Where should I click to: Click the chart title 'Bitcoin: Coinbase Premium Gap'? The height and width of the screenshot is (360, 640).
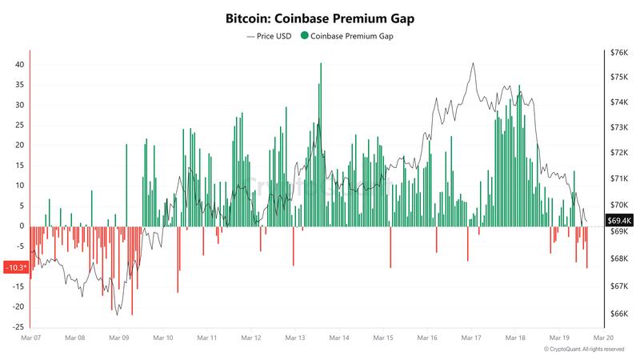pos(320,17)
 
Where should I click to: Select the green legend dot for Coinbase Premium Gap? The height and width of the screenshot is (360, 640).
pos(305,36)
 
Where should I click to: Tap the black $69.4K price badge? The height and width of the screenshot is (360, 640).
pos(619,220)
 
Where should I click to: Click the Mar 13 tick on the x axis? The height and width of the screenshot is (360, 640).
pos(295,338)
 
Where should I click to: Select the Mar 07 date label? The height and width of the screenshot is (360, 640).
pos(30,338)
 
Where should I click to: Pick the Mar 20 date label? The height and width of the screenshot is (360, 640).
pos(604,338)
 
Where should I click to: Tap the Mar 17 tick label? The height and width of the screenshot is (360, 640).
pos(471,338)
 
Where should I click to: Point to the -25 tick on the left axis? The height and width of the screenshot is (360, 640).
pos(18,326)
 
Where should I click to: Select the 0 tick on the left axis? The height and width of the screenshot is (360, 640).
pos(22,226)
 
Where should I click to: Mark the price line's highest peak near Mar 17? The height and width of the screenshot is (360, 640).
pos(473,63)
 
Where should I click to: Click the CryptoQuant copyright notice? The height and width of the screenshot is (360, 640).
pos(583,350)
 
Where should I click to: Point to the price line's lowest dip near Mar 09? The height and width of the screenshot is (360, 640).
pos(117,314)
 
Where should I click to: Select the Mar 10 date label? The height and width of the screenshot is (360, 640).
pos(163,338)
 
